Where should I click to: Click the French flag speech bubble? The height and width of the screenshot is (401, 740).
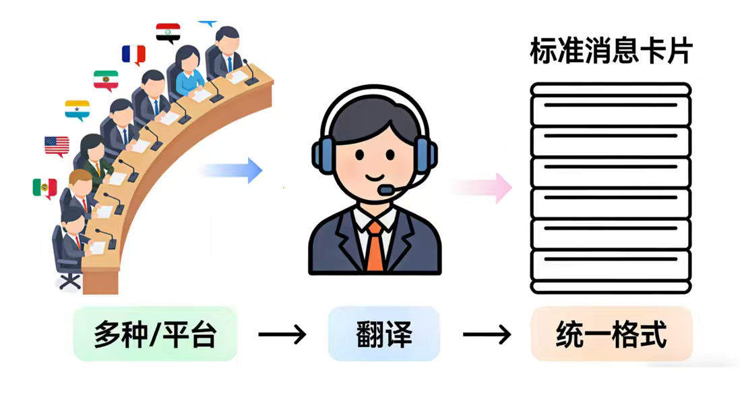pyautogui.click(x=133, y=54)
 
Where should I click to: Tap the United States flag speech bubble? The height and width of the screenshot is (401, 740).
pyautogui.click(x=57, y=145)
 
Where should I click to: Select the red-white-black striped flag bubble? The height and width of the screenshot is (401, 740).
pyautogui.click(x=168, y=32)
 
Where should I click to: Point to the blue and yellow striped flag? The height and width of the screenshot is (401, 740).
pyautogui.click(x=77, y=109)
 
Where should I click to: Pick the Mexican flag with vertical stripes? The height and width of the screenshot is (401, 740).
pyautogui.click(x=44, y=188)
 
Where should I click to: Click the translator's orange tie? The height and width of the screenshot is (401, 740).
pyautogui.click(x=375, y=246)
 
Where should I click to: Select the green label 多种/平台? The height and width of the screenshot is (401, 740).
pyautogui.click(x=155, y=334)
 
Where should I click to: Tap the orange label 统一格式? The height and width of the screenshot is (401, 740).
pyautogui.click(x=611, y=334)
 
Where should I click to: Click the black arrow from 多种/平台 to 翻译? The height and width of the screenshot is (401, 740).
pyautogui.click(x=282, y=334)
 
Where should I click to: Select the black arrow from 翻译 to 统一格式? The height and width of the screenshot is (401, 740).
pyautogui.click(x=487, y=334)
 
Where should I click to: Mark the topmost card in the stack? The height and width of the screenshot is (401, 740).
pyautogui.click(x=611, y=89)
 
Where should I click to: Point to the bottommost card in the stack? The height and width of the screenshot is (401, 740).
pyautogui.click(x=611, y=286)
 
